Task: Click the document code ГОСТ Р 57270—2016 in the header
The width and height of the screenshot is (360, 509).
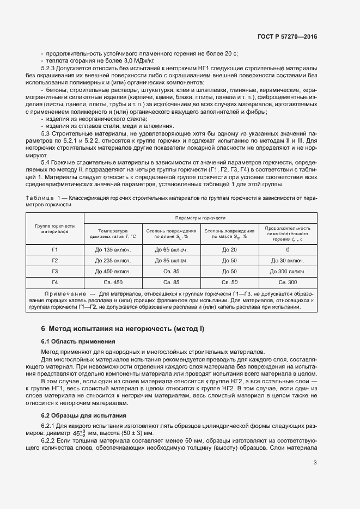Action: pyautogui.click(x=287, y=36)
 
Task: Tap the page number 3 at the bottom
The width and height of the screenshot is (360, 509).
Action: pyautogui.click(x=315, y=463)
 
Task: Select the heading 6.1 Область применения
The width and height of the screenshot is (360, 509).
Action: pyautogui.click(x=78, y=341)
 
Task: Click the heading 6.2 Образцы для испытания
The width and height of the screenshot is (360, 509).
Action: pyautogui.click(x=80, y=415)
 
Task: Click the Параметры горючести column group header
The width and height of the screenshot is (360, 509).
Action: pyautogui.click(x=200, y=217)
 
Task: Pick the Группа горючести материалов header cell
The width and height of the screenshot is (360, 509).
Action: pyautogui.click(x=55, y=228)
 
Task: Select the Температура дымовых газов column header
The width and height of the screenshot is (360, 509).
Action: pyautogui.click(x=113, y=234)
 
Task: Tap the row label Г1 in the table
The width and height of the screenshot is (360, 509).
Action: pyautogui.click(x=55, y=249)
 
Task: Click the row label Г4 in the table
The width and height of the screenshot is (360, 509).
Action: pyautogui.click(x=55, y=282)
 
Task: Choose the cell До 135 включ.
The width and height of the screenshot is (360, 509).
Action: pyautogui.click(x=113, y=249)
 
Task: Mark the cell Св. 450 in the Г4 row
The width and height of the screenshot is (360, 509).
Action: pyautogui.click(x=113, y=282)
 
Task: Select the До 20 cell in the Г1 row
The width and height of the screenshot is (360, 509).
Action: pyautogui.click(x=229, y=249)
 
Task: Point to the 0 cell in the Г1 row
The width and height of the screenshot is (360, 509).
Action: pyautogui.click(x=288, y=249)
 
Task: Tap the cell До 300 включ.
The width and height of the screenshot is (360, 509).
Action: pyautogui.click(x=288, y=271)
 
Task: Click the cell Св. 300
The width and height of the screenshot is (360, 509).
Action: pyautogui.click(x=288, y=282)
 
